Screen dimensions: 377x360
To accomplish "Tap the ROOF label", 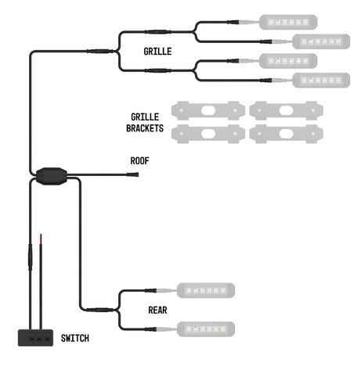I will pyautogui.click(x=139, y=161).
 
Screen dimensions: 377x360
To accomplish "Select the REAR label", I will pyautogui.click(x=157, y=310).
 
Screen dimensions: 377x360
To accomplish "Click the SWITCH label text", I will pyautogui.click(x=75, y=338).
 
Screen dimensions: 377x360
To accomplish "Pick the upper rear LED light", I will pyautogui.click(x=207, y=291).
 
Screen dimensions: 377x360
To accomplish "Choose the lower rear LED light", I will pyautogui.click(x=207, y=329).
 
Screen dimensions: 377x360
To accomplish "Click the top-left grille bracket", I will pyautogui.click(x=207, y=111).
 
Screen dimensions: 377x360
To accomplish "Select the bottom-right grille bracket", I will pyautogui.click(x=283, y=134).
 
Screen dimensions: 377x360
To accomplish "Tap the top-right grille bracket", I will pyautogui.click(x=283, y=111).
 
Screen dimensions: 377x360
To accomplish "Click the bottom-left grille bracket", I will pyautogui.click(x=207, y=134).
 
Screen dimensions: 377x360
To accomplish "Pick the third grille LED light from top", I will pyautogui.click(x=287, y=60).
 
